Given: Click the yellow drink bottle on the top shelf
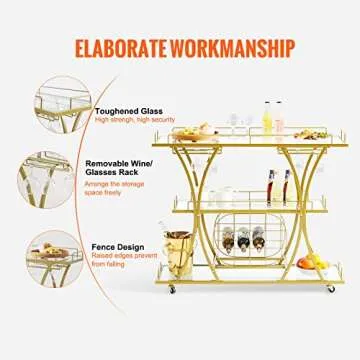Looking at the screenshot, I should (x=269, y=117).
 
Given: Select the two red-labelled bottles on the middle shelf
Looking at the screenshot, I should (x=278, y=187).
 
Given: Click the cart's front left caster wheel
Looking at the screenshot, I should (x=172, y=289).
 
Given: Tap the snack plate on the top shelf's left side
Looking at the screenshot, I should (x=206, y=130).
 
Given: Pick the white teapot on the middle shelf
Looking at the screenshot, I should (x=225, y=196).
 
